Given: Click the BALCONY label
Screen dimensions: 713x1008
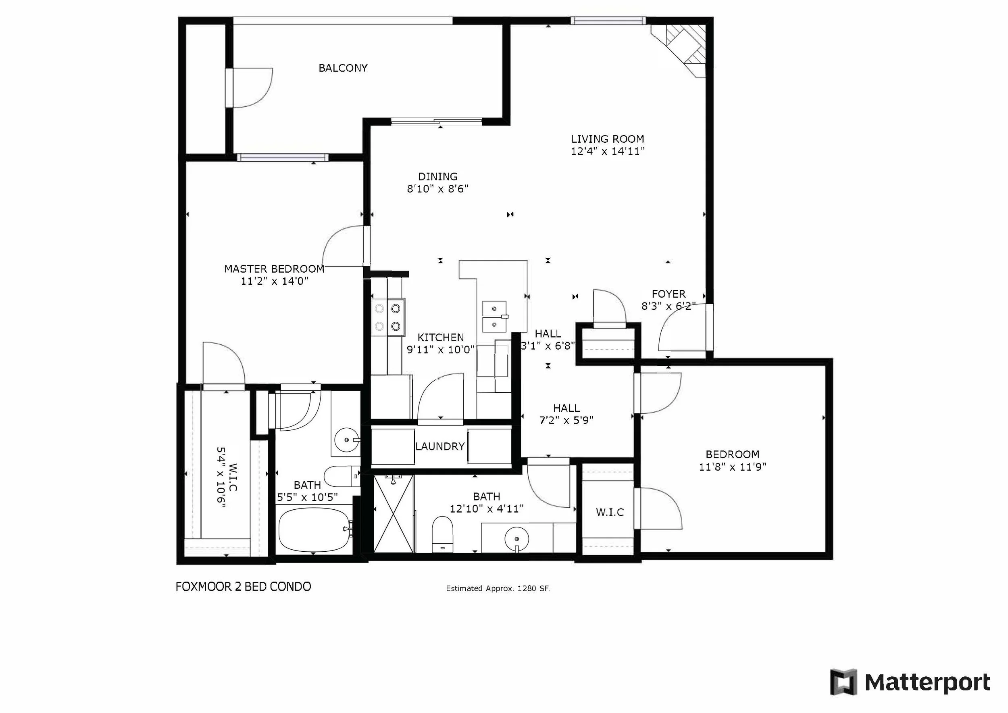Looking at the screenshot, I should [x=343, y=68].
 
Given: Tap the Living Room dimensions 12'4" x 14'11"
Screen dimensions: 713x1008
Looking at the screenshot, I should [x=608, y=152].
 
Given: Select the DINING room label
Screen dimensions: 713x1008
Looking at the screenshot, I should [x=438, y=177].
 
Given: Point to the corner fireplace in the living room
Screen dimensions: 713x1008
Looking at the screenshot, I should [x=681, y=48].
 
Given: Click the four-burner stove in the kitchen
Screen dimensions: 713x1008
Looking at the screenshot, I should [x=388, y=317].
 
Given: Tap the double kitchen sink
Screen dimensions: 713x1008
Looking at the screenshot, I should [x=495, y=316].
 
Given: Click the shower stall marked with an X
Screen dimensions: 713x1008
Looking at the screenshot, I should [x=394, y=514].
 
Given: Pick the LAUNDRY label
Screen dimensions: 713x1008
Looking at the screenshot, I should [x=440, y=446].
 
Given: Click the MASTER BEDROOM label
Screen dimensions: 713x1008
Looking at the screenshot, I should [x=275, y=269].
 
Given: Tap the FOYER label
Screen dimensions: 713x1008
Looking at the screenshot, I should [x=668, y=294].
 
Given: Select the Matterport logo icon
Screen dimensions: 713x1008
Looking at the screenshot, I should [x=843, y=682].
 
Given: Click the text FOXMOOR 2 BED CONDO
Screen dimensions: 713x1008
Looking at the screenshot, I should [x=243, y=586].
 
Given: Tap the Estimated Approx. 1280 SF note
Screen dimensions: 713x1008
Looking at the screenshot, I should [x=498, y=588].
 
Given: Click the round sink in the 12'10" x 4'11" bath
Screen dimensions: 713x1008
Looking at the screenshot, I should [x=517, y=538].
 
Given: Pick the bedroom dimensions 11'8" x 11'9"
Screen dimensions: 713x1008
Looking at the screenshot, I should [x=732, y=467].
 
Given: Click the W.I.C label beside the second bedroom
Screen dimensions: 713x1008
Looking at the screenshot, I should [x=610, y=512].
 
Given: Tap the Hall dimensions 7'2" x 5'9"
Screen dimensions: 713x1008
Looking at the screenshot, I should [x=566, y=421].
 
